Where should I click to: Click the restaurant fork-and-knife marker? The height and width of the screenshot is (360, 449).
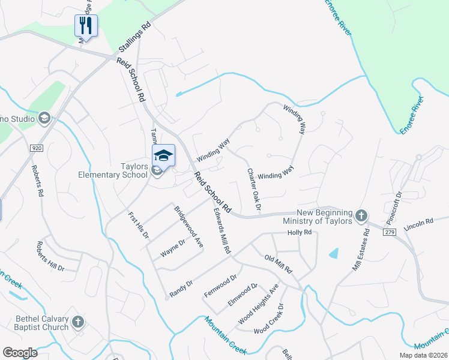point(86,26)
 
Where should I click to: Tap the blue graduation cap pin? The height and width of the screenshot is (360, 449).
point(163,155)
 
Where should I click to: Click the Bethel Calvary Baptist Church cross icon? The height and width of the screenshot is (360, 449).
point(77,323)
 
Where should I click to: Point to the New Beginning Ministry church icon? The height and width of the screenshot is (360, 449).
point(361,215)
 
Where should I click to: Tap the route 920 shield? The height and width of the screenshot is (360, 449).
point(35,148)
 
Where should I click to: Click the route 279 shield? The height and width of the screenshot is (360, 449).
point(390,232)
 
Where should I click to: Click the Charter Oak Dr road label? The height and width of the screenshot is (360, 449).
point(254,188)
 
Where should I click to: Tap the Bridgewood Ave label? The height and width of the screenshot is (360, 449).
point(188,227)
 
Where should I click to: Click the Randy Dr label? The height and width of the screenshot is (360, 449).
point(181,284)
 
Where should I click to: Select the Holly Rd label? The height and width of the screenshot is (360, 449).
point(300,232)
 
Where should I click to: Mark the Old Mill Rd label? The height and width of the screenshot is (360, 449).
point(278,263)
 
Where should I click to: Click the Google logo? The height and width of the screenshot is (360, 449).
point(20,353)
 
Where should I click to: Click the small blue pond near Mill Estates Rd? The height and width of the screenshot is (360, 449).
point(334,253)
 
